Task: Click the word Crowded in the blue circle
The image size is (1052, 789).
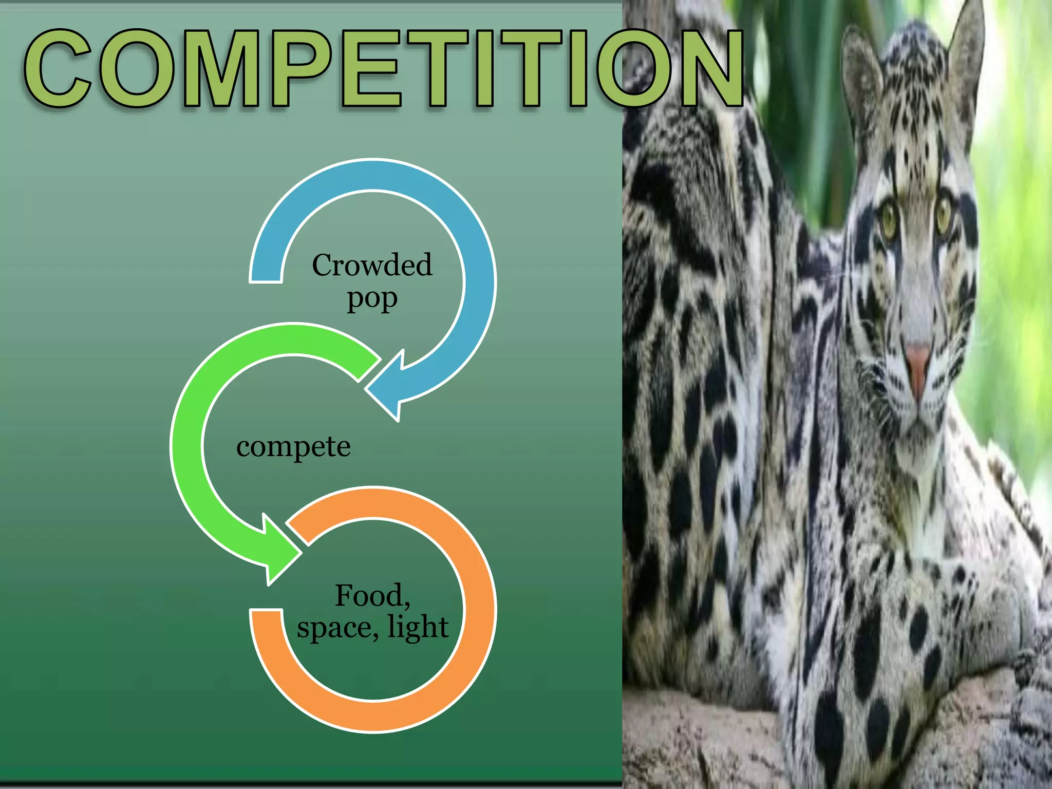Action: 372,266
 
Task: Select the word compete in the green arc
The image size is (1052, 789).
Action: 293,446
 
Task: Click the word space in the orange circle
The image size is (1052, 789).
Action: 336,628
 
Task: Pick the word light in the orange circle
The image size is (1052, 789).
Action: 418,627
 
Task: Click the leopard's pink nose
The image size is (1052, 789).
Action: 918,360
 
